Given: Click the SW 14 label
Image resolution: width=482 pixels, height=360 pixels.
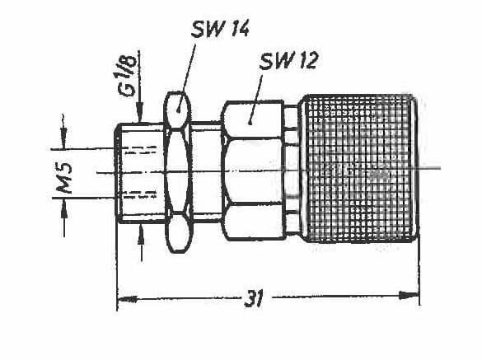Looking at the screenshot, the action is click(x=220, y=29).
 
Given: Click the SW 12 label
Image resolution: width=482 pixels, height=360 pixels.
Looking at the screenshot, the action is click(x=288, y=61).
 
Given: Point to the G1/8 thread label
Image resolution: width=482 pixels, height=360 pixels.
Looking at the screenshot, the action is click(x=127, y=76).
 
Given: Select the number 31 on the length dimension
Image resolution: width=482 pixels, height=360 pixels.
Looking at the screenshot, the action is click(x=254, y=298).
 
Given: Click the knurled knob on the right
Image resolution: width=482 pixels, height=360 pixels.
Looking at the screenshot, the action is click(x=360, y=168).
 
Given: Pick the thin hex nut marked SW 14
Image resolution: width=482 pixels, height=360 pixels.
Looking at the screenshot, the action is click(x=178, y=172).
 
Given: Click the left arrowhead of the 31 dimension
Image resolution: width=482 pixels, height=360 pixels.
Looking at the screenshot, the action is click(x=127, y=299).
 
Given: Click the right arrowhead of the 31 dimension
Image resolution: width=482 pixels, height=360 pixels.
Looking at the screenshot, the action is click(x=409, y=295).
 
